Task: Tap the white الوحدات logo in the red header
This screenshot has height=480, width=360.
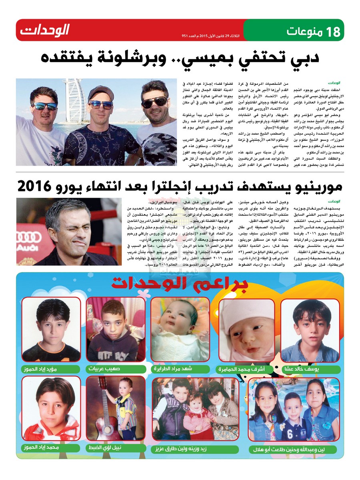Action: [45, 30]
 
